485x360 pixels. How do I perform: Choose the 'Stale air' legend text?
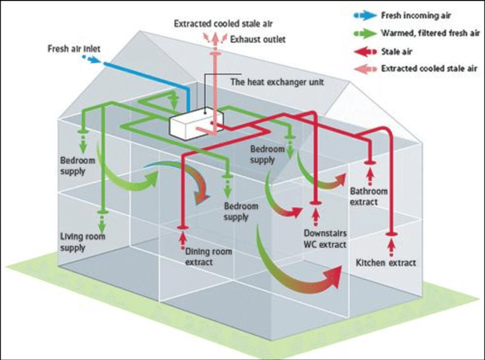(396, 51)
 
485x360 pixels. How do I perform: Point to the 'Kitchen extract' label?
(386, 263)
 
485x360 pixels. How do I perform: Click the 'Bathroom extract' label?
(369, 196)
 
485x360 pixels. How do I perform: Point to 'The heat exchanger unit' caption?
(277, 82)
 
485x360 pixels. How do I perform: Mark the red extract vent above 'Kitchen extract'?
(391, 233)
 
